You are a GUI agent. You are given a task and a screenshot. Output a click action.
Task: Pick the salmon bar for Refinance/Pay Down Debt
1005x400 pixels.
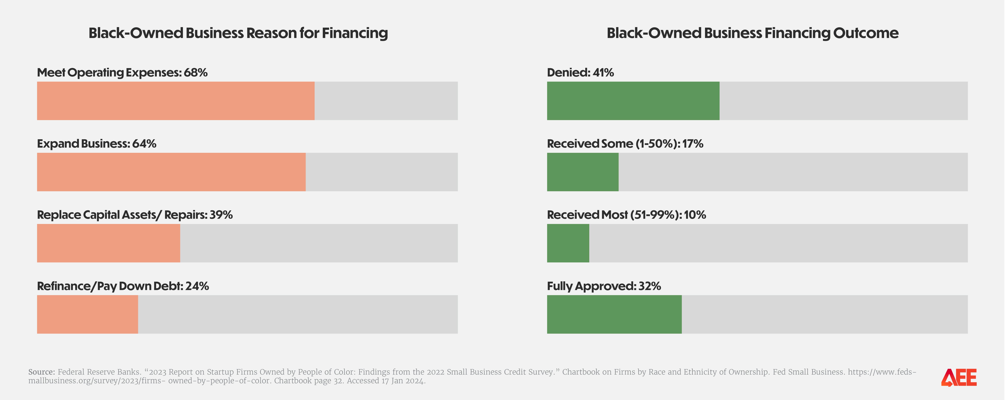(87, 314)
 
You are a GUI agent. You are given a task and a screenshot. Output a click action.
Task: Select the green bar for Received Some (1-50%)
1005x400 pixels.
(582, 172)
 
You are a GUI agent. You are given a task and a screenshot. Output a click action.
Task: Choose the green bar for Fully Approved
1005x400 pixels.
(614, 314)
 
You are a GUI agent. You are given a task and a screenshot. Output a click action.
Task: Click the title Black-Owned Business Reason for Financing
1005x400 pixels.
(238, 33)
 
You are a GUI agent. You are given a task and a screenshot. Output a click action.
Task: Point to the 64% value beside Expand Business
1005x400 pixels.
(144, 144)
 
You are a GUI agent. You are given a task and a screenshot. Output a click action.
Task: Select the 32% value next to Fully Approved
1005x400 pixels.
(650, 286)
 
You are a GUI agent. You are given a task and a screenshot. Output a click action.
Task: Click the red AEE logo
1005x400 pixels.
(959, 377)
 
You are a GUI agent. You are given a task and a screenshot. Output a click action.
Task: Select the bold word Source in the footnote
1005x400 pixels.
(41, 372)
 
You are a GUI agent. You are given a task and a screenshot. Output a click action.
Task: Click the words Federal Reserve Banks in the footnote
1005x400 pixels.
(99, 372)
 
